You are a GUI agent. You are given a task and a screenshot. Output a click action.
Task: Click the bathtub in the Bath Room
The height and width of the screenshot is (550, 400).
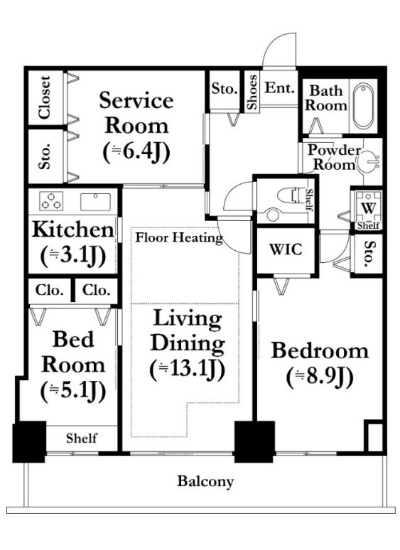363,106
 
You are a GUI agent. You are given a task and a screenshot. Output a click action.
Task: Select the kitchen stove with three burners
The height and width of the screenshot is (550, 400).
51,201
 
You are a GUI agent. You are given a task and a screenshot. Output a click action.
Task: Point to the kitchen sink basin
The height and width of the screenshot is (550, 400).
95,201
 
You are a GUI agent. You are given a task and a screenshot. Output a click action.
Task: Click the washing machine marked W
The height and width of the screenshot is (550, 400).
368,207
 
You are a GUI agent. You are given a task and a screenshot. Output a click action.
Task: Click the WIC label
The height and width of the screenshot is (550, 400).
286,249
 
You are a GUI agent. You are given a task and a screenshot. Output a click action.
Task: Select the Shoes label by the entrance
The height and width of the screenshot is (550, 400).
252,92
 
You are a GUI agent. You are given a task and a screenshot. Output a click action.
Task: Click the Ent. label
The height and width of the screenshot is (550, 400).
279,87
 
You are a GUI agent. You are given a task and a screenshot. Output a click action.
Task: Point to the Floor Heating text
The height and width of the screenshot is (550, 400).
179,237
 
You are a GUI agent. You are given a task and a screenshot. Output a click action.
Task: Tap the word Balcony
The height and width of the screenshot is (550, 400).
205,481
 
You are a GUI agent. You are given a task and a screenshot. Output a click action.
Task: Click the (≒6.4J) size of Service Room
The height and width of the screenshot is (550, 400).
136,152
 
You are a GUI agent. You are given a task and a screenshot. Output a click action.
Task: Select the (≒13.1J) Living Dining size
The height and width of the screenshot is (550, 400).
187,370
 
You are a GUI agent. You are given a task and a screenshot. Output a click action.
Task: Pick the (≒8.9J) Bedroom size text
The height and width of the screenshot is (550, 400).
320,377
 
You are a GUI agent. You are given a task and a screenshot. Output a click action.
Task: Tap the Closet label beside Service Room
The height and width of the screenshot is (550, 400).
45,97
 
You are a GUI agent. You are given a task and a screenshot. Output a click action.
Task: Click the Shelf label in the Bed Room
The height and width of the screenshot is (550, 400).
81,438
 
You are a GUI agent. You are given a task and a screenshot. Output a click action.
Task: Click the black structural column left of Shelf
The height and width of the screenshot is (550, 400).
29,441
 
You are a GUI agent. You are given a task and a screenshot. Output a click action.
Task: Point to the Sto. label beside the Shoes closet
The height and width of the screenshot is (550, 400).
225,88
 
